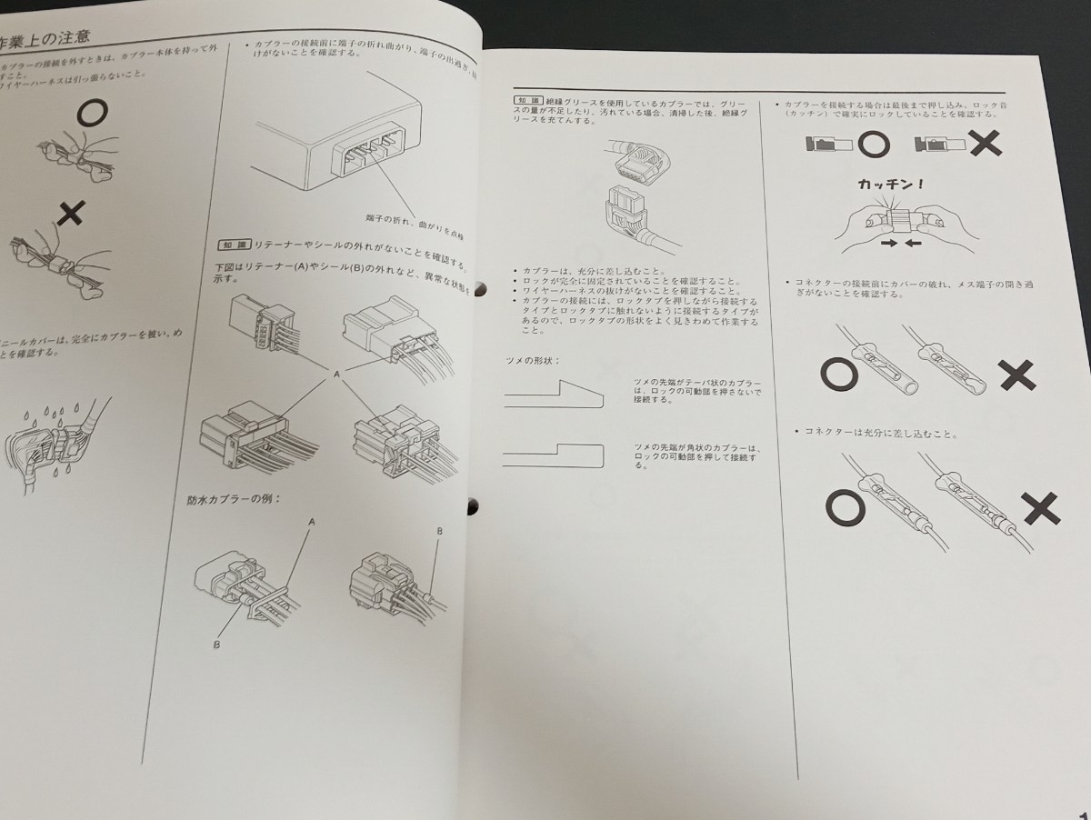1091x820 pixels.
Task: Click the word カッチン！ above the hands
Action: click(x=891, y=184)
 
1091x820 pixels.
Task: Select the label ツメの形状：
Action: click(x=532, y=361)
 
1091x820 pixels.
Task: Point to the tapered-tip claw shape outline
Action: click(x=554, y=395)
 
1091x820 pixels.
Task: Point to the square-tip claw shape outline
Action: click(x=554, y=455)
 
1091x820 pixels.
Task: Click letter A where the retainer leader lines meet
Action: click(x=335, y=374)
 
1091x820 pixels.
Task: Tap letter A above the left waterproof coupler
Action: click(x=312, y=522)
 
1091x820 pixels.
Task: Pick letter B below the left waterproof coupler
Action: click(x=216, y=645)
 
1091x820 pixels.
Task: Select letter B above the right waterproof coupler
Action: click(x=439, y=530)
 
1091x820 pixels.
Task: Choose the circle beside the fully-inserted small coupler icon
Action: click(x=872, y=144)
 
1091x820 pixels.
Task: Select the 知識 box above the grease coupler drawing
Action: click(x=527, y=100)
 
